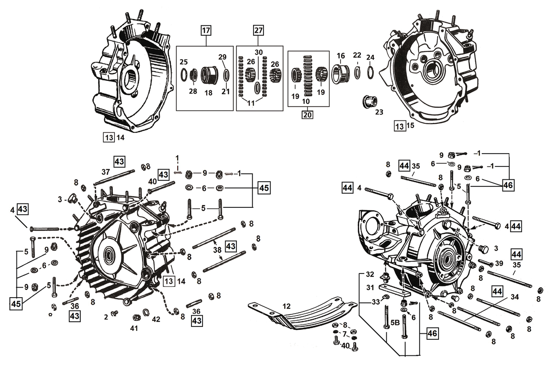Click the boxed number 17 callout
pos(206,31)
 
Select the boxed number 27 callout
pos(258,31)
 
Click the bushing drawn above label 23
pos(368,102)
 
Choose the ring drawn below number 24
pos(371,71)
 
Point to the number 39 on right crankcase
pos(499,263)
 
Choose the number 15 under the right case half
pos(410,126)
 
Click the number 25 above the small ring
pos(184,62)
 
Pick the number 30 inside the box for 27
pos(258,52)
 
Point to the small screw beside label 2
pos(114,314)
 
